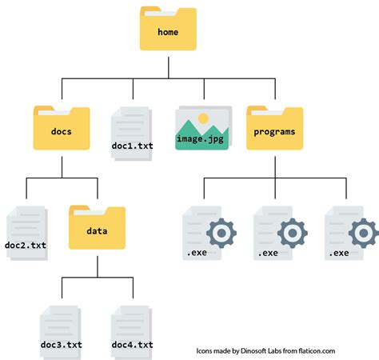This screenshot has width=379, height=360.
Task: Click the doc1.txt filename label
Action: (x=133, y=146)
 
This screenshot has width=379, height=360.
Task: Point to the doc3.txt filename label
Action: (x=61, y=344)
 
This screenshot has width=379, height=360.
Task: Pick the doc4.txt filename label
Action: (x=132, y=344)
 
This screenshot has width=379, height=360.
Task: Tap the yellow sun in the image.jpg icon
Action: (x=203, y=118)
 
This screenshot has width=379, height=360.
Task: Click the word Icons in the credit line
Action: (x=206, y=350)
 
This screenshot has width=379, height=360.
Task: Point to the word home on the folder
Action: (x=168, y=33)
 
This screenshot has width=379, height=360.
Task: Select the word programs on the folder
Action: (x=274, y=132)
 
